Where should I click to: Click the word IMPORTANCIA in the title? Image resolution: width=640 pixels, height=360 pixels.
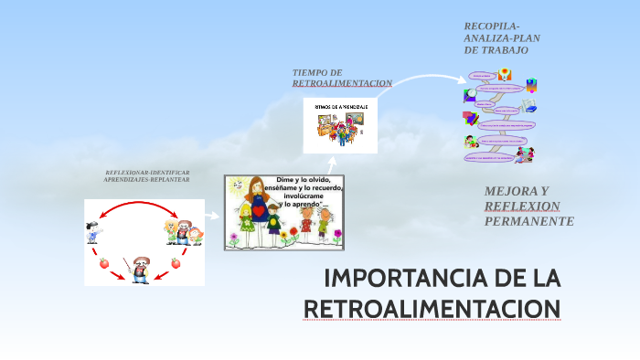click(394, 277)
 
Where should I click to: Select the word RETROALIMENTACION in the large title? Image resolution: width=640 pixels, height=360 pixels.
click(432, 309)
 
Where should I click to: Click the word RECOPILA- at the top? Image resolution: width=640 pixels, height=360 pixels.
click(492, 26)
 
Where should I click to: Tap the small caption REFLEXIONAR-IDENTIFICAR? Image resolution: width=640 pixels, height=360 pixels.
click(147, 173)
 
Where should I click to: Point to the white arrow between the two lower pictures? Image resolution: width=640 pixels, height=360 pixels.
click(211, 217)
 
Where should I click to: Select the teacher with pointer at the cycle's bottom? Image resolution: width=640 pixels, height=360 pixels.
click(140, 270)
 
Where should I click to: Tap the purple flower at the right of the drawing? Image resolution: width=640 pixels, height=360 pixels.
click(333, 237)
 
